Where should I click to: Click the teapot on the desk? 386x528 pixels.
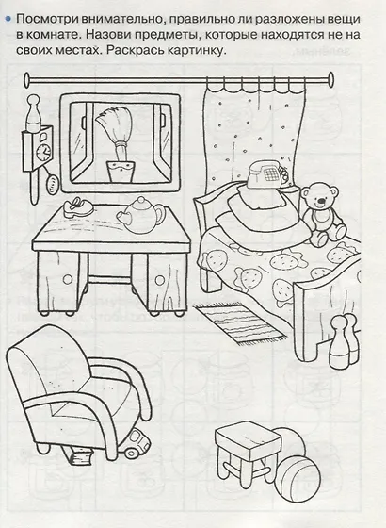pyautogui.click(x=140, y=216)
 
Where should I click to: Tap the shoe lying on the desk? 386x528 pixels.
pyautogui.click(x=77, y=206)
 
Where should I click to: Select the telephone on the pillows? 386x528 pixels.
pyautogui.click(x=268, y=174)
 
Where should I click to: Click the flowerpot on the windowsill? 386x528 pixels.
pyautogui.click(x=121, y=171)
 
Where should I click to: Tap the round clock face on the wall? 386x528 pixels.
pyautogui.click(x=43, y=151)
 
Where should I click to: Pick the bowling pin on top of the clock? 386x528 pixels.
pyautogui.click(x=33, y=113)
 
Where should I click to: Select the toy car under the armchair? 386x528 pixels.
pyautogui.click(x=137, y=443)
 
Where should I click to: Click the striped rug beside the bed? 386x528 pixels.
pyautogui.click(x=239, y=322)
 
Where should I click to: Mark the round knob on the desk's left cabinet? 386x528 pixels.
pyautogui.click(x=68, y=279)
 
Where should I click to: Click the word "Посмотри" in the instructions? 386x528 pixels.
pyautogui.click(x=47, y=20)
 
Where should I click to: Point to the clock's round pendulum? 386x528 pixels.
pyautogui.click(x=52, y=184)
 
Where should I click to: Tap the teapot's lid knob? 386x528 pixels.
pyautogui.click(x=140, y=201)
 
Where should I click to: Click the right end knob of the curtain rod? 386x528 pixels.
pyautogui.click(x=330, y=80)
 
